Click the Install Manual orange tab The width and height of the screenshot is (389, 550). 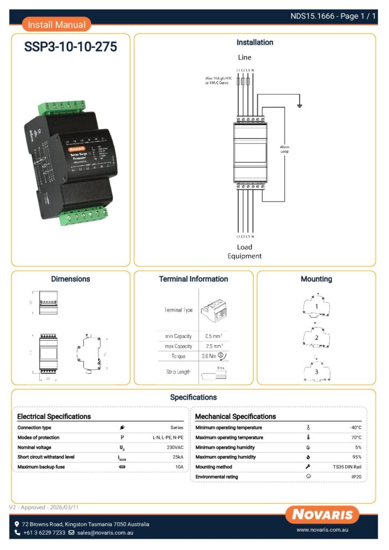[56, 25]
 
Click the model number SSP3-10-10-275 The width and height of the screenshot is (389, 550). [70, 47]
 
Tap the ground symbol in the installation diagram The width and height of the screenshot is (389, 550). [300, 105]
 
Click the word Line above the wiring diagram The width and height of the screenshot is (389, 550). [244, 57]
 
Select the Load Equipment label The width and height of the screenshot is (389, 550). [244, 252]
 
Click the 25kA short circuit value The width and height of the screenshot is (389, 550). [177, 457]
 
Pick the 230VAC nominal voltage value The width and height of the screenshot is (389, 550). [175, 447]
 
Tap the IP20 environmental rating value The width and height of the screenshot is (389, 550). [356, 477]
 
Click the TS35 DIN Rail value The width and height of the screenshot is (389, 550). [347, 467]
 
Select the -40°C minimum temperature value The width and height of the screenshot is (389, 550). [355, 428]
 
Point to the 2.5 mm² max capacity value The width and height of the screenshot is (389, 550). [214, 346]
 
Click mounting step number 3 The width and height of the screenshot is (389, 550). [316, 372]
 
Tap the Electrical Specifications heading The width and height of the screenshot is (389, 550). [54, 416]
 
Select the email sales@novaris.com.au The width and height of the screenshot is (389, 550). [105, 533]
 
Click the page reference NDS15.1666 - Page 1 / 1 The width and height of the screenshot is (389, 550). [333, 16]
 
